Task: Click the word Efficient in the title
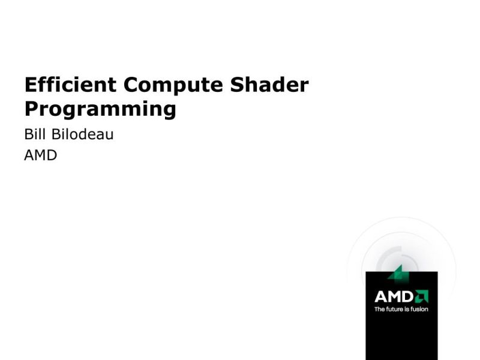(71, 85)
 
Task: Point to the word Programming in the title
(100, 110)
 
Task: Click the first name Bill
(34, 134)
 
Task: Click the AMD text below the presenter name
(40, 156)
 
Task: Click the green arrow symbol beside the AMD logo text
(422, 296)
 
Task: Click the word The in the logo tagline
(380, 310)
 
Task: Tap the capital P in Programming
(31, 109)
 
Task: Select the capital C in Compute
(132, 85)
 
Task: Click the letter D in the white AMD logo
(408, 296)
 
